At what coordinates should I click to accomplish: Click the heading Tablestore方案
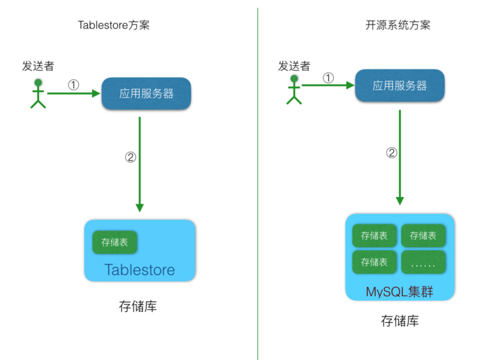pyautogui.click(x=113, y=25)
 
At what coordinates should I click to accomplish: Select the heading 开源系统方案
pyautogui.click(x=398, y=25)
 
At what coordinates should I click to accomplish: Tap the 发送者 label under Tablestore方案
pyautogui.click(x=38, y=66)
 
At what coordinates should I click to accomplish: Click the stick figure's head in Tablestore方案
pyautogui.click(x=38, y=83)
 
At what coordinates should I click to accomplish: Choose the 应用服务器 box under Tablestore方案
pyautogui.click(x=146, y=93)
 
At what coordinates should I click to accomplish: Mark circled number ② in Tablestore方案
pyautogui.click(x=130, y=158)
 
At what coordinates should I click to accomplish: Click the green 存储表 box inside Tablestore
pyautogui.click(x=115, y=241)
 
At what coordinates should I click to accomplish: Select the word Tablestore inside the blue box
pyautogui.click(x=139, y=270)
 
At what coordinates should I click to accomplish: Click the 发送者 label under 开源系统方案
pyautogui.click(x=294, y=66)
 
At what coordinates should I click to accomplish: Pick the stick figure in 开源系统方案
pyautogui.click(x=294, y=90)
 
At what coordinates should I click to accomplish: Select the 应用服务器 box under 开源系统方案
pyautogui.click(x=399, y=86)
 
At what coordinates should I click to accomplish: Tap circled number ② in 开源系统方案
pyautogui.click(x=391, y=153)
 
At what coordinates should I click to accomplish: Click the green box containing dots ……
pyautogui.click(x=423, y=262)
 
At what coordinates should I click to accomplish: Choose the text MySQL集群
pyautogui.click(x=399, y=292)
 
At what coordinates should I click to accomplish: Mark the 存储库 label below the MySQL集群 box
pyautogui.click(x=399, y=321)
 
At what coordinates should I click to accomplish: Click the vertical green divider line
pyautogui.click(x=258, y=189)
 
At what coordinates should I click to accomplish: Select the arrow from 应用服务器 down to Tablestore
pyautogui.click(x=139, y=164)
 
